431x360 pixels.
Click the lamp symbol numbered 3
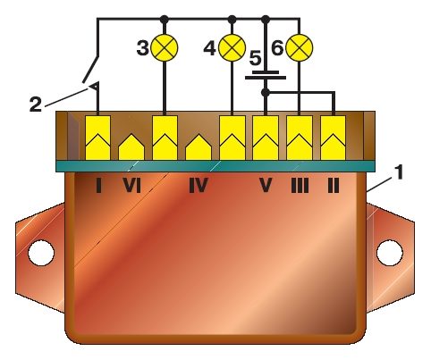(x=165, y=47)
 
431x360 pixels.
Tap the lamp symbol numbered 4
(x=232, y=47)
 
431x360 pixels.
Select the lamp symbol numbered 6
(x=300, y=47)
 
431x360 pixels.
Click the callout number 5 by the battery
(x=255, y=58)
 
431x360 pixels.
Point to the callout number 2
(x=36, y=105)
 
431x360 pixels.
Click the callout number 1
(x=399, y=172)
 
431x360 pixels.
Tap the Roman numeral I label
(x=98, y=186)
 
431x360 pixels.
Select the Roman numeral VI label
(x=131, y=186)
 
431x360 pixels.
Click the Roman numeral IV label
(x=199, y=186)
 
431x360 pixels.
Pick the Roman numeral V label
(x=266, y=186)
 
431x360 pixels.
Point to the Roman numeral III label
(x=300, y=186)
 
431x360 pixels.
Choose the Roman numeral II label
(x=334, y=186)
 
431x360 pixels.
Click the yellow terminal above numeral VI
(x=131, y=147)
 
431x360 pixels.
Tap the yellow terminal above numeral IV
(x=199, y=147)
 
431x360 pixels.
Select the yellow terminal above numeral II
(x=334, y=138)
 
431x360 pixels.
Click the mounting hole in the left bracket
(x=41, y=253)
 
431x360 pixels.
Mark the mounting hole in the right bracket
(x=390, y=253)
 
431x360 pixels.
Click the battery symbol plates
(x=266, y=75)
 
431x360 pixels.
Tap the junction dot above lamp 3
(x=165, y=20)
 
